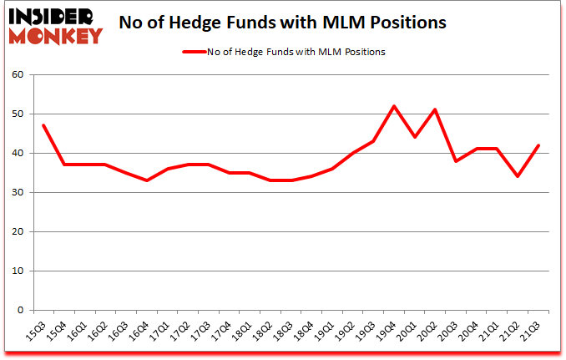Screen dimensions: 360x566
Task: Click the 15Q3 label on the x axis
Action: pyautogui.click(x=36, y=331)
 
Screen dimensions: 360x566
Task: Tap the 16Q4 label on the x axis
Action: pyautogui.click(x=145, y=331)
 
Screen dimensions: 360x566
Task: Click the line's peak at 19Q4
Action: pyautogui.click(x=394, y=106)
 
